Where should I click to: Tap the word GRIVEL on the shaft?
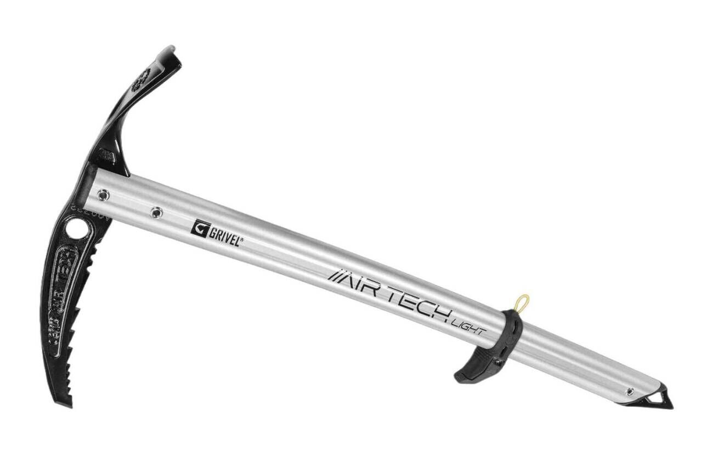(x=223, y=232)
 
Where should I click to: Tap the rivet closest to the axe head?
(x=102, y=193)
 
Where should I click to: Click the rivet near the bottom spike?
(x=630, y=391)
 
